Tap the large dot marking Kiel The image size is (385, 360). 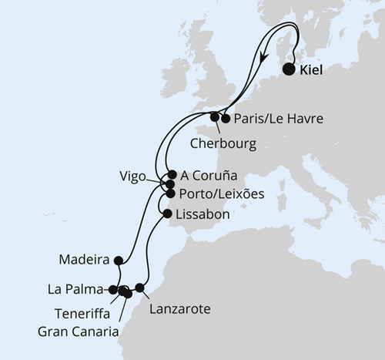point(289,69)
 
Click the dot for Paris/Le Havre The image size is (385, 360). point(226,119)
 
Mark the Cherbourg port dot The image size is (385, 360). point(215,117)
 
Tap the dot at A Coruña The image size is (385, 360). point(173,174)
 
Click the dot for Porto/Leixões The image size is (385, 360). point(170,193)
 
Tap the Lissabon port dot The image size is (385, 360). point(167,214)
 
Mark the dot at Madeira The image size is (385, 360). point(118,260)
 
